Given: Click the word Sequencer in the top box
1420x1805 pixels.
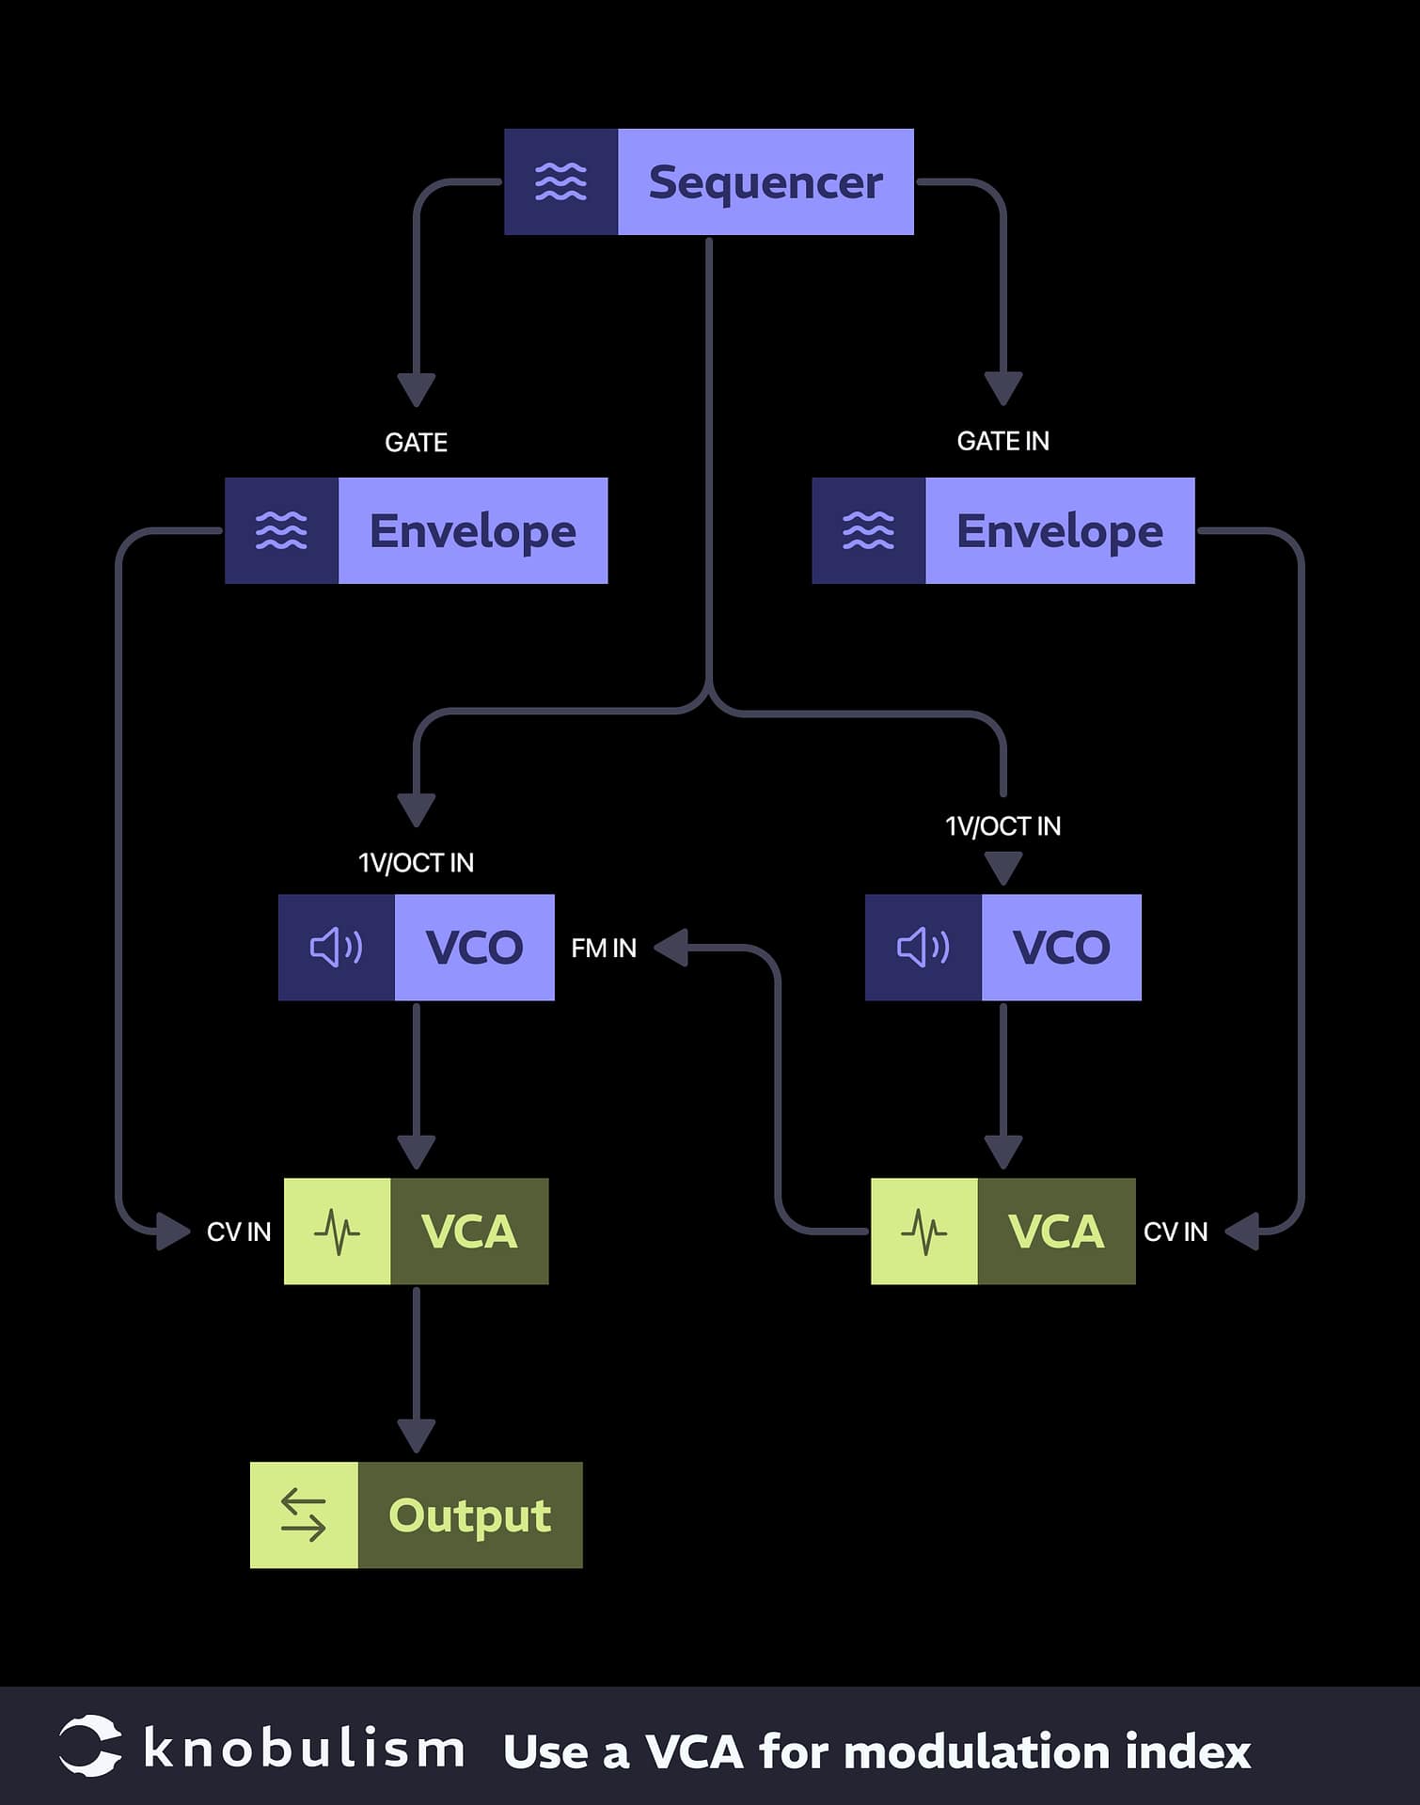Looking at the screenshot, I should (x=765, y=182).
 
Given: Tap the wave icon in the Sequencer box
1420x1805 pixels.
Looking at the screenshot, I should (x=560, y=182).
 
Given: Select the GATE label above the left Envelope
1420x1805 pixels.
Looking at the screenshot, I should (x=416, y=442).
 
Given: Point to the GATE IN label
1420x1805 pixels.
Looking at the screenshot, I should (x=1002, y=441).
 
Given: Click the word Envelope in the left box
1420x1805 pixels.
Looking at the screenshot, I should (x=472, y=531).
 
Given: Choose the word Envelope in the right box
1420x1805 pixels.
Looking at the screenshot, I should (x=1059, y=531).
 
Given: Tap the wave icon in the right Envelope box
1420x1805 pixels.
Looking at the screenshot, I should (x=868, y=531).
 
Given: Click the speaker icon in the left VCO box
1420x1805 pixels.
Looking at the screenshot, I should (x=336, y=947).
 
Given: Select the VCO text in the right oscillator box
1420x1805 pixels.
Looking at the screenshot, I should (x=1061, y=947).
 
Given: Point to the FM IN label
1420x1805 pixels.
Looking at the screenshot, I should (x=604, y=948).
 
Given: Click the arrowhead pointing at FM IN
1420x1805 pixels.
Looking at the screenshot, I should (x=671, y=948).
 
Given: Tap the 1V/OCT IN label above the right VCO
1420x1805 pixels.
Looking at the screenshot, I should (x=1002, y=826).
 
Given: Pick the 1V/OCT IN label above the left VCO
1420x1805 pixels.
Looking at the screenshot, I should (x=416, y=863).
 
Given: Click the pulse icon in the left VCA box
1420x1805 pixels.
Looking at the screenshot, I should (x=337, y=1232).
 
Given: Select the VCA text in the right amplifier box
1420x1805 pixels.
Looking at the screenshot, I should (x=1055, y=1232).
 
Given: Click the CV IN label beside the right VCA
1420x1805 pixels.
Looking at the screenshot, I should (x=1175, y=1232).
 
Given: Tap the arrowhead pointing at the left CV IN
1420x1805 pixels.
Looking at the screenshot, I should (x=173, y=1232).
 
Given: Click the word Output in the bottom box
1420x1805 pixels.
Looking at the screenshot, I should (x=469, y=1515).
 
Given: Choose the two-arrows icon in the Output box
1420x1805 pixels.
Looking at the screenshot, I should (x=303, y=1515).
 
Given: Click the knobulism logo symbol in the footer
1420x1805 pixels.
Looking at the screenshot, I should (x=90, y=1747).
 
